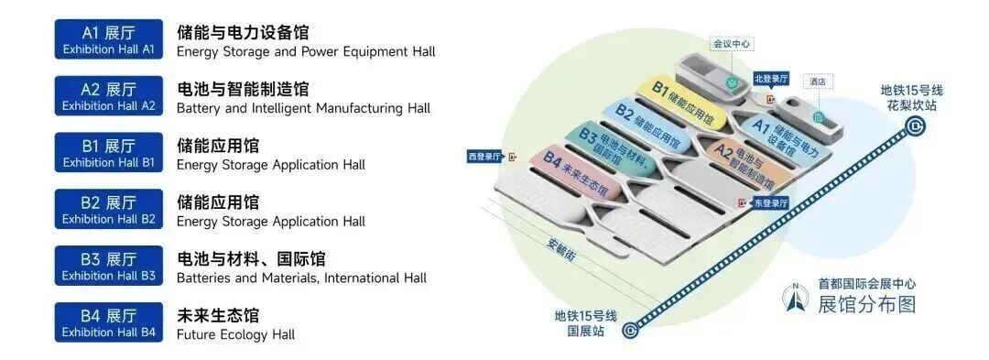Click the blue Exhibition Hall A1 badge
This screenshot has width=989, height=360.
click(x=108, y=39)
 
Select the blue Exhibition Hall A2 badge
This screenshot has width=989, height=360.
click(x=108, y=96)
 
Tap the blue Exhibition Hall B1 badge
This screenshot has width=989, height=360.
click(x=108, y=153)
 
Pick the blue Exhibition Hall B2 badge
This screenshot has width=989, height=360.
click(x=108, y=210)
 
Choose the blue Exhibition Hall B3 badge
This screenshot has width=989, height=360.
click(x=108, y=266)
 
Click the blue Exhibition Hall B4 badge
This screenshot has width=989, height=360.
click(x=108, y=322)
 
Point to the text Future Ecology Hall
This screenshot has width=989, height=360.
click(x=236, y=334)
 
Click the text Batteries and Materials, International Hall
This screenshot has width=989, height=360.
click(x=301, y=278)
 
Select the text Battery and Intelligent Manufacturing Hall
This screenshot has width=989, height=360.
click(x=303, y=108)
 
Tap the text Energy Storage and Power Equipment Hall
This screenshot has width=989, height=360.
click(x=306, y=51)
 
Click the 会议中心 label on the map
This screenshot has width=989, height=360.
click(x=733, y=44)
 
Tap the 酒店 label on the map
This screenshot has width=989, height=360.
click(x=818, y=82)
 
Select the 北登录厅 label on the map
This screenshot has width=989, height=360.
click(x=771, y=79)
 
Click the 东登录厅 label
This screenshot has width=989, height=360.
click(x=771, y=203)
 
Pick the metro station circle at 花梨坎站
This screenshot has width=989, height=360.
click(x=914, y=127)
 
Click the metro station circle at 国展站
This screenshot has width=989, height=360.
click(x=630, y=329)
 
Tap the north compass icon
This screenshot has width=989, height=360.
click(x=796, y=299)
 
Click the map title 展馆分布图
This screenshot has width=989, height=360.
click(x=866, y=304)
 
